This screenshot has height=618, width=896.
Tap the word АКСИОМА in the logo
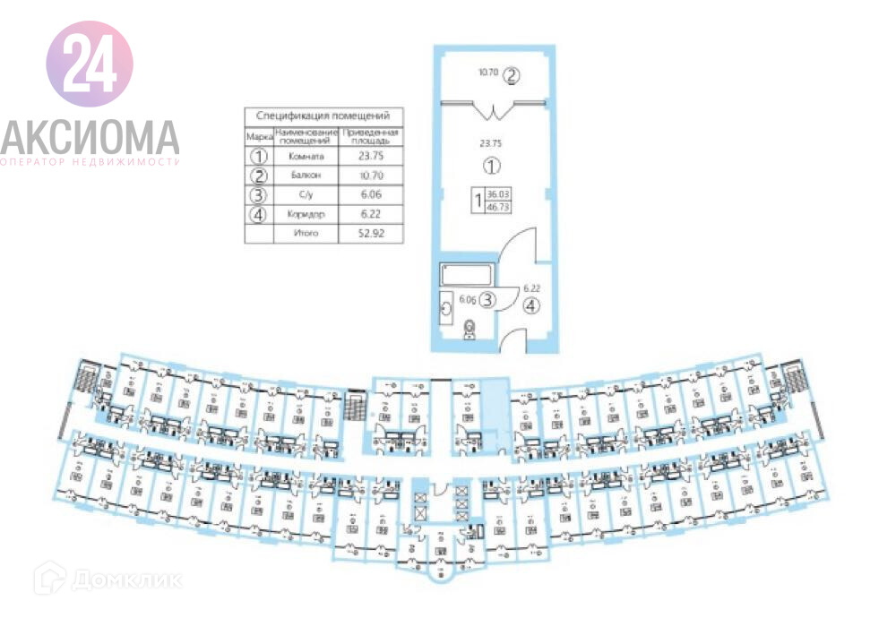90,136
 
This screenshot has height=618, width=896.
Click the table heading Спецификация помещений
323,116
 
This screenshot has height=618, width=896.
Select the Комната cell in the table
305,155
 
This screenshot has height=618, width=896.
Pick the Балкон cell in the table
305,175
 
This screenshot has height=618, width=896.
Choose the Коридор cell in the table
305,214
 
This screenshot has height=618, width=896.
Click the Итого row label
305,234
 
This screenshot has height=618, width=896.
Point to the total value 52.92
369,234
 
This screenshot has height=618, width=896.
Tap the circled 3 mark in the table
258,194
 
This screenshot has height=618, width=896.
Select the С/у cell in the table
305,194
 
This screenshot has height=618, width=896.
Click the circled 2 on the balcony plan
511,75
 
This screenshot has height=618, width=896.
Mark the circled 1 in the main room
490,166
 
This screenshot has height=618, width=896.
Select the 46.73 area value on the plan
498,205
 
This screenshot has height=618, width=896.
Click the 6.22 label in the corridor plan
531,288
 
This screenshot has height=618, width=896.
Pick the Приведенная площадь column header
369,136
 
